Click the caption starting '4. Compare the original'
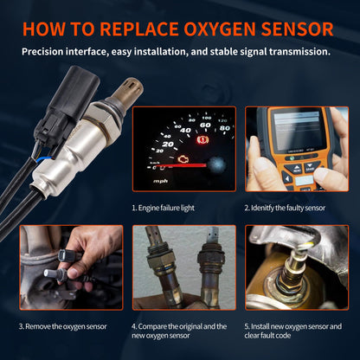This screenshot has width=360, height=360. coord(179,332)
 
